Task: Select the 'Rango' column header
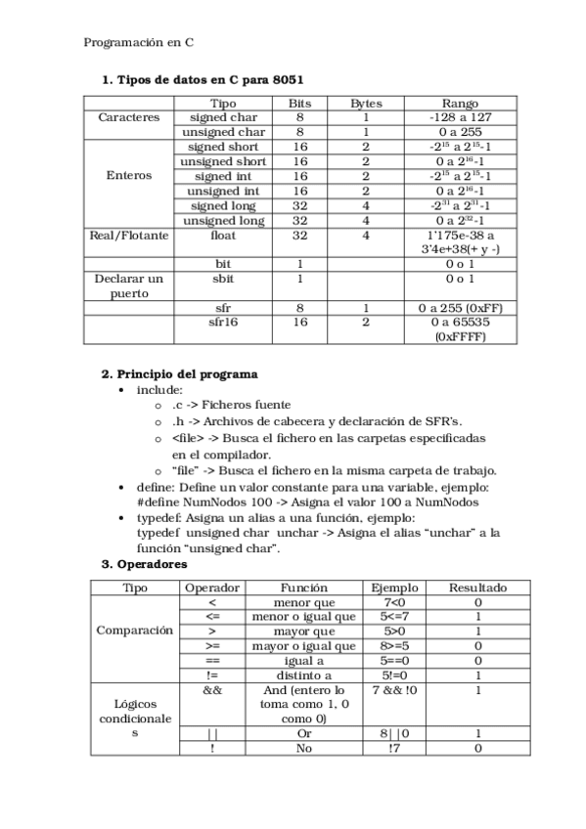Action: click(459, 103)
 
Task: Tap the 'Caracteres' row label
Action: click(129, 117)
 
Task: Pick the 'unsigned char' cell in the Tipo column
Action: click(223, 132)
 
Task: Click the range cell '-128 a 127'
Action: click(459, 117)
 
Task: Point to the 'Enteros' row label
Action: click(129, 176)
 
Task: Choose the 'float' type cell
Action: click(223, 236)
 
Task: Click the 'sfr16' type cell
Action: click(223, 322)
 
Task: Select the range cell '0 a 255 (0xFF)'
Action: click(459, 308)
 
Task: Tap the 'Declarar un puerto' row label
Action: click(129, 285)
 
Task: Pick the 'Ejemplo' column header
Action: click(395, 588)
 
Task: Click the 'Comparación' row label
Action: click(135, 631)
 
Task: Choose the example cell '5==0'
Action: click(395, 661)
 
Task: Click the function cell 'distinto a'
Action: click(304, 675)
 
